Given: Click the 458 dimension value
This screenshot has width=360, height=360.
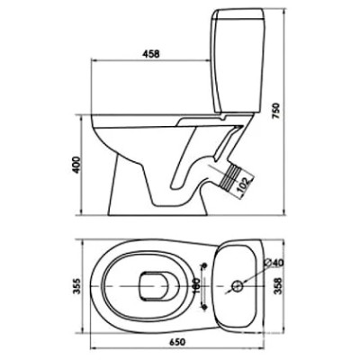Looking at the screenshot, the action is pos(150,54).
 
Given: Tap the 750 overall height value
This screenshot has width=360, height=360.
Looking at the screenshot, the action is pos(276,111).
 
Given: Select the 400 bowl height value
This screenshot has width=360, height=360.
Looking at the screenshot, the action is pos(76,165).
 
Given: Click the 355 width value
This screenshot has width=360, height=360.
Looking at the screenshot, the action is pos(76,286).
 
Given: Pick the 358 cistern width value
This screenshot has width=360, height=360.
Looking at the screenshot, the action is pos(278,286).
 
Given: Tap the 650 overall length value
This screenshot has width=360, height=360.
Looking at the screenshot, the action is pos(177,342).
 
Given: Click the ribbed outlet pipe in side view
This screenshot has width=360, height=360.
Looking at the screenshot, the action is pos(231,177).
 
